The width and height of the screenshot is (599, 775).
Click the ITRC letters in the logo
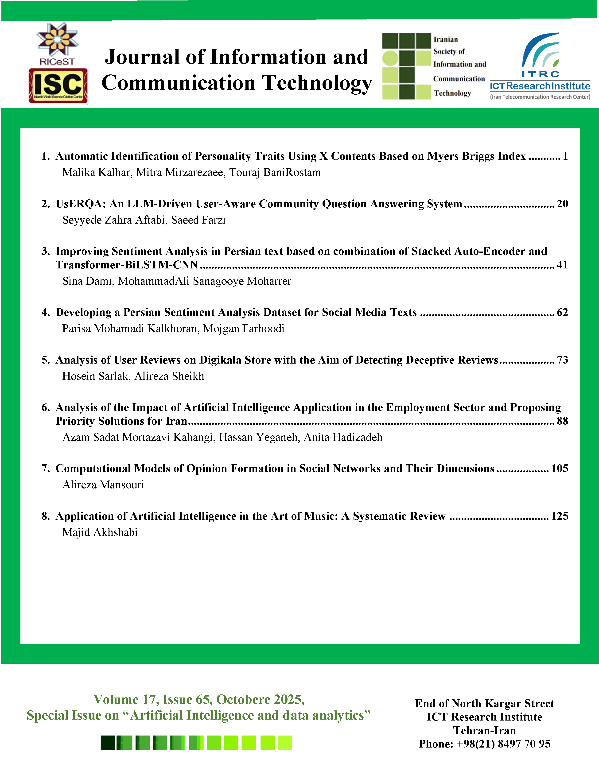pyautogui.click(x=540, y=74)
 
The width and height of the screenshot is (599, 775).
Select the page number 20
pyautogui.click(x=562, y=204)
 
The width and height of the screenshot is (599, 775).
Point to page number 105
pyautogui.click(x=559, y=469)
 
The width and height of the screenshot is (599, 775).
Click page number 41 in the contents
pyautogui.click(x=562, y=265)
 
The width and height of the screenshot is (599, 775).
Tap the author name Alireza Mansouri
pyautogui.click(x=103, y=485)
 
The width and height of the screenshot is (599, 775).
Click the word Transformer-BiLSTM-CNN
pyautogui.click(x=127, y=265)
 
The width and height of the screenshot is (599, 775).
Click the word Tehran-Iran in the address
pyautogui.click(x=484, y=730)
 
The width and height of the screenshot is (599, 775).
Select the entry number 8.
pyautogui.click(x=45, y=516)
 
